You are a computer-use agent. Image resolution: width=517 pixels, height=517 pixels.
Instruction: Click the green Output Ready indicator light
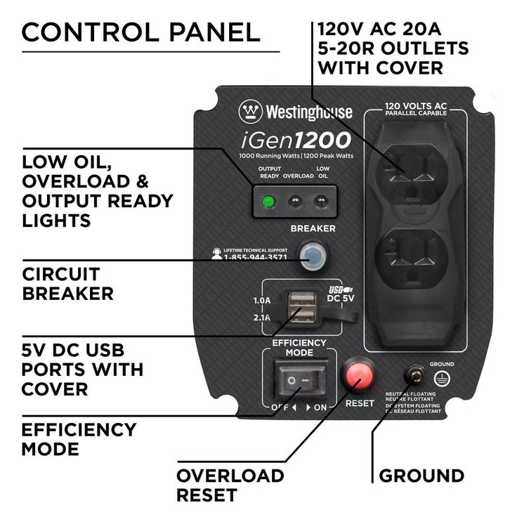click(x=267, y=203)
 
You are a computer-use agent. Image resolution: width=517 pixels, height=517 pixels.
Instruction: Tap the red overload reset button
click(x=357, y=377)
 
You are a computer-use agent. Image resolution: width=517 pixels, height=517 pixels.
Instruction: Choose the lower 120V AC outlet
click(x=407, y=261)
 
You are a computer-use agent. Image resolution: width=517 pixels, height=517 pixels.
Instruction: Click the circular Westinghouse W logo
click(x=250, y=112)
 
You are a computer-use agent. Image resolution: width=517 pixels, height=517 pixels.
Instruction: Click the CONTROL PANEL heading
click(x=141, y=32)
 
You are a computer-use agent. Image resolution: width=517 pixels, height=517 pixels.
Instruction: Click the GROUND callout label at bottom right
click(x=421, y=476)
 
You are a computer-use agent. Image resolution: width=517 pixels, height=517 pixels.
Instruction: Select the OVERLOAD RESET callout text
click(x=230, y=485)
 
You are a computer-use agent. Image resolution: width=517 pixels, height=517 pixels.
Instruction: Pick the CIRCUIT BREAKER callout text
click(x=67, y=283)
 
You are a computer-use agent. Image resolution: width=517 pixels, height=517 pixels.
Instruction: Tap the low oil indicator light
click(x=322, y=203)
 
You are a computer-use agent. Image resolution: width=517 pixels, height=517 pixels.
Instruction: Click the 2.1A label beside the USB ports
click(x=261, y=317)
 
